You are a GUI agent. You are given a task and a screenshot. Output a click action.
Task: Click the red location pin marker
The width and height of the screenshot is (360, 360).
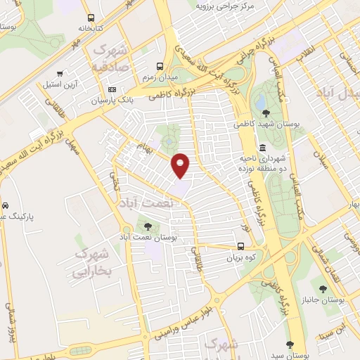[181, 165]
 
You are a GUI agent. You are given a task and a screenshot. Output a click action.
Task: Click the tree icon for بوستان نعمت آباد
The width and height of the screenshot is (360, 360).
[148, 226]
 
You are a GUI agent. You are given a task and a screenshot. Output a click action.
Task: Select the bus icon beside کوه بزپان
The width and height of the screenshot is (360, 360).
[241, 247]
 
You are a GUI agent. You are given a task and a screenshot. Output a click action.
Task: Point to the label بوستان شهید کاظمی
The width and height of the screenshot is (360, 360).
[266, 123]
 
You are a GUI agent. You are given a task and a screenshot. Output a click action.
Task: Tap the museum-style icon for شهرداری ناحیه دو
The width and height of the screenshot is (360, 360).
[262, 148]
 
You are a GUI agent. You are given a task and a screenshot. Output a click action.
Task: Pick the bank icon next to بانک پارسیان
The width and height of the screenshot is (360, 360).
[112, 91]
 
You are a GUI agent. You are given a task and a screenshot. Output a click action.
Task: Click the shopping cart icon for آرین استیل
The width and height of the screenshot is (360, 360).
[61, 74]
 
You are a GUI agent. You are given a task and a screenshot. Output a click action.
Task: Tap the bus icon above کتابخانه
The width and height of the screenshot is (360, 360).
[90, 18]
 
